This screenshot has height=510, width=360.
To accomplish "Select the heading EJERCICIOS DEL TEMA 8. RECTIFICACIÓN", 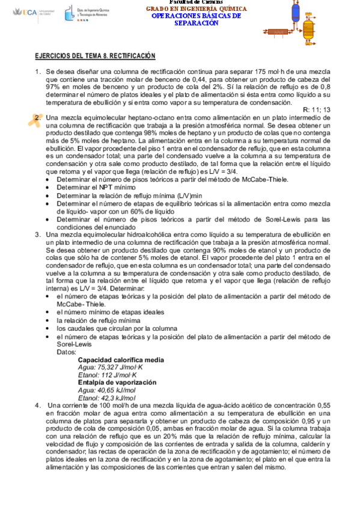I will point(95,56).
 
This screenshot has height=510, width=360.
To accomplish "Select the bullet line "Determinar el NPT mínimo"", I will point(96,188).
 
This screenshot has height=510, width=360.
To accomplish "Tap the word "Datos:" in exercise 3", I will point(67,352).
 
